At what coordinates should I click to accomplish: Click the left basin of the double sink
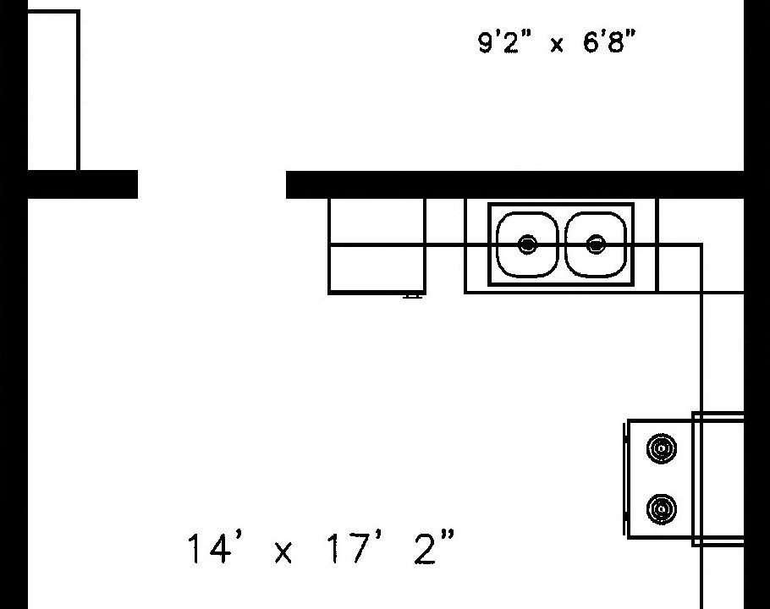[x=527, y=244]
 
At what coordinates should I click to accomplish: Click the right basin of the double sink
[x=596, y=244]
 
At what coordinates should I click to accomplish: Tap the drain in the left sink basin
[x=527, y=244]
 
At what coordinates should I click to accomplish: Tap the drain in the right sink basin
[x=597, y=244]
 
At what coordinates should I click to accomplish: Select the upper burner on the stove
[x=662, y=448]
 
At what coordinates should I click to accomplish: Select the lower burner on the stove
[x=662, y=509]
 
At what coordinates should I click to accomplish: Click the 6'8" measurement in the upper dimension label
[x=609, y=41]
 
